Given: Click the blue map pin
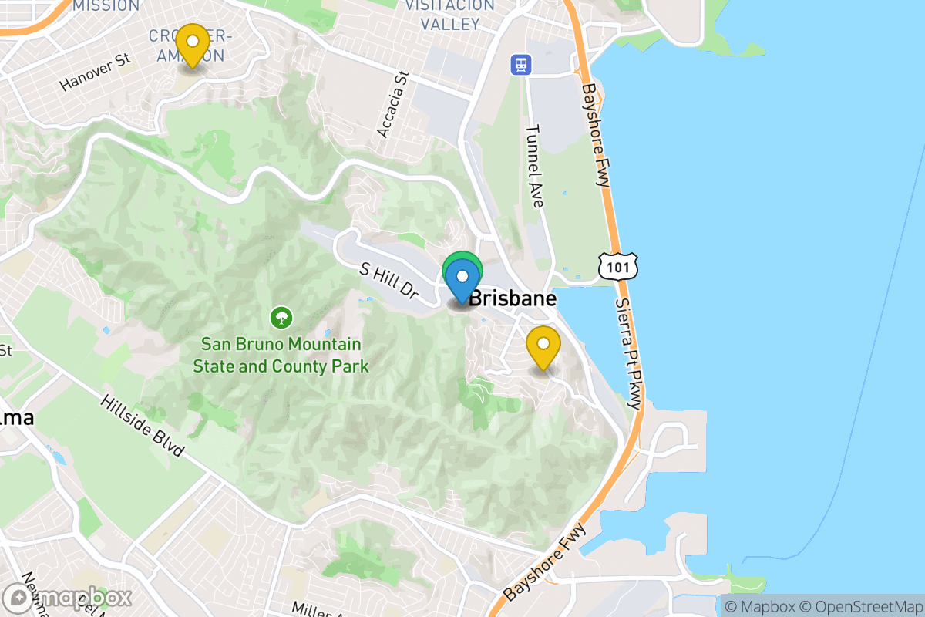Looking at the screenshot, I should click(462, 280).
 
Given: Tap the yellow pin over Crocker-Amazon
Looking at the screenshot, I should click(192, 45).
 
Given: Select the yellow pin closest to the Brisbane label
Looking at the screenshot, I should click(543, 347).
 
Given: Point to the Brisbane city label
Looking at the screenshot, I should click(512, 298).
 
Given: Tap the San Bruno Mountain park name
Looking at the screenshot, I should click(281, 355).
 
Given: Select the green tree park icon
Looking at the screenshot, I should click(281, 316).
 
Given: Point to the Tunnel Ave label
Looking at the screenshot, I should click(535, 167).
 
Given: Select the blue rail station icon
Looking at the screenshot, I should click(522, 64).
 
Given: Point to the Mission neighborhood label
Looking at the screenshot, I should click(106, 5).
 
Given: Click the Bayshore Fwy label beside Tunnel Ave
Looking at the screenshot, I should click(595, 136).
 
